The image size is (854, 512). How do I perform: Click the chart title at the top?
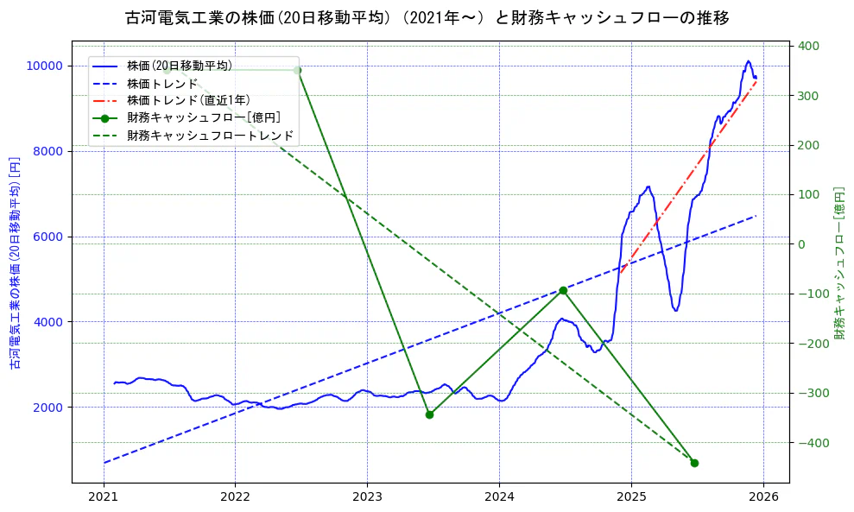427,18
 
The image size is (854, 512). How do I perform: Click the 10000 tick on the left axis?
42,66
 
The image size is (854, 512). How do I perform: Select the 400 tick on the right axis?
809,46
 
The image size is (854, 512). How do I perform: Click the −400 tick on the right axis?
812,444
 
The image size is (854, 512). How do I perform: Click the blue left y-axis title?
15,263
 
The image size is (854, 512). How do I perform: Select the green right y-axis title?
838,263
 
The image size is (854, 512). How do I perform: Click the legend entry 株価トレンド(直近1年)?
192,100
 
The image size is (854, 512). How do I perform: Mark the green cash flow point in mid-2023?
429,414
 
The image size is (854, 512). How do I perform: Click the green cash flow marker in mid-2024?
563,290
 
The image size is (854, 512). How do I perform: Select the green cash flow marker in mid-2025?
694,463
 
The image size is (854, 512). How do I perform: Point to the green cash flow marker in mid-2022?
297,70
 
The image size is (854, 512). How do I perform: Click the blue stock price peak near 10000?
748,61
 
